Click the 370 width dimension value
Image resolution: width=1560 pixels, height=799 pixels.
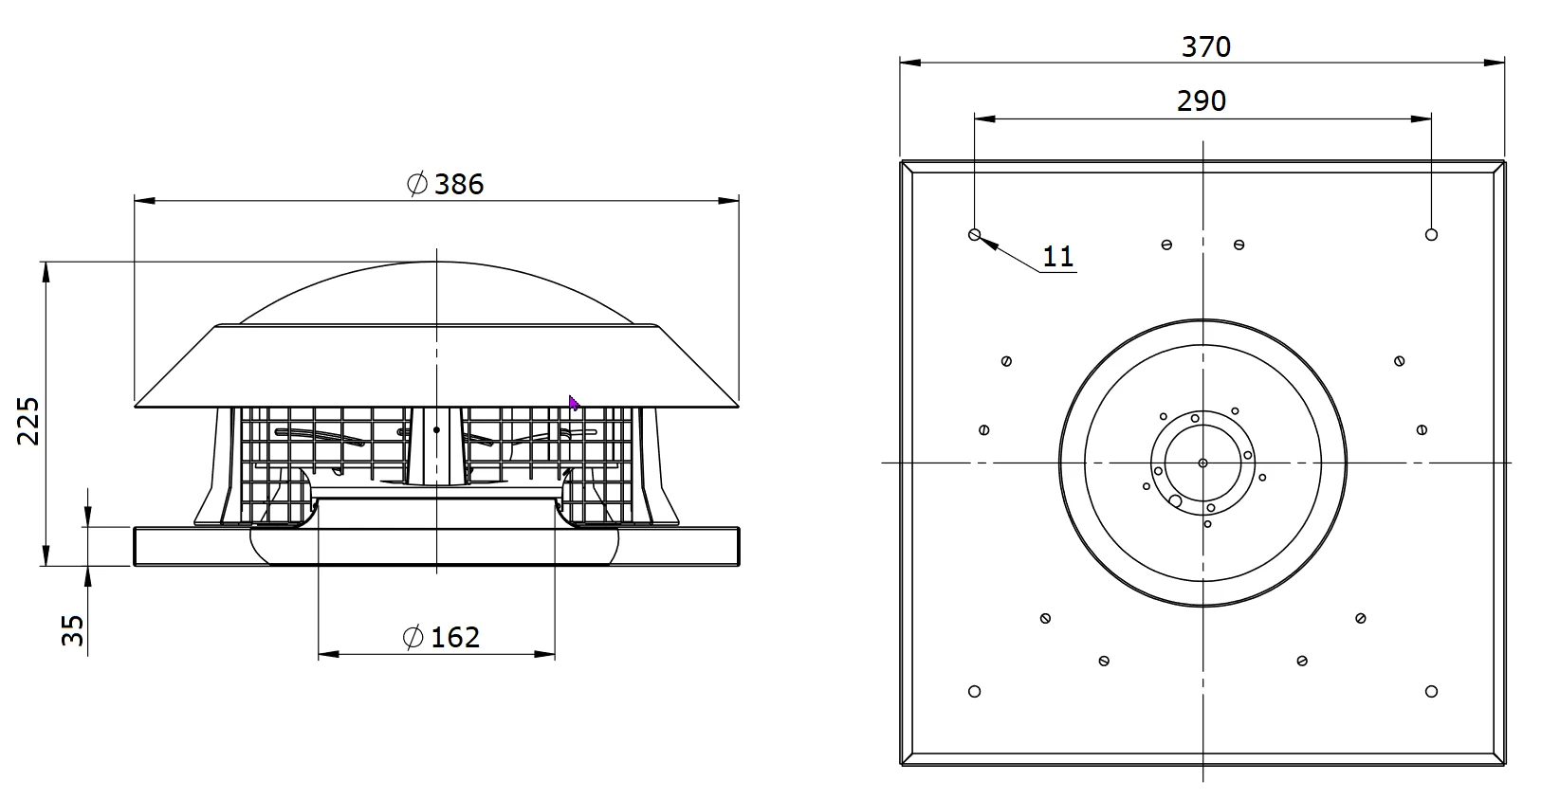[1206, 46]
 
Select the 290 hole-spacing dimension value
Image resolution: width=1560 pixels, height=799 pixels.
[1202, 100]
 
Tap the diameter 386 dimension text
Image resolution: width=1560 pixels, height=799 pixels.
[445, 185]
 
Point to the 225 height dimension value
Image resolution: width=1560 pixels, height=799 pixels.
[28, 421]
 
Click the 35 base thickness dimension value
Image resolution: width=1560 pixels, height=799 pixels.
[72, 630]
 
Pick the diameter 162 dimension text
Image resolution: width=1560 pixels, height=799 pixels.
[442, 637]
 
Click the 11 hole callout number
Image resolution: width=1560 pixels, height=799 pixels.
[1058, 257]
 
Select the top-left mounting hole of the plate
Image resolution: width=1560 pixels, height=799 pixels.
[974, 234]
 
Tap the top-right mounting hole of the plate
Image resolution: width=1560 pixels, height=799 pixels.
[1431, 234]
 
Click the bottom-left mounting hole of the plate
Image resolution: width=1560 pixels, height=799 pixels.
[974, 691]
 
